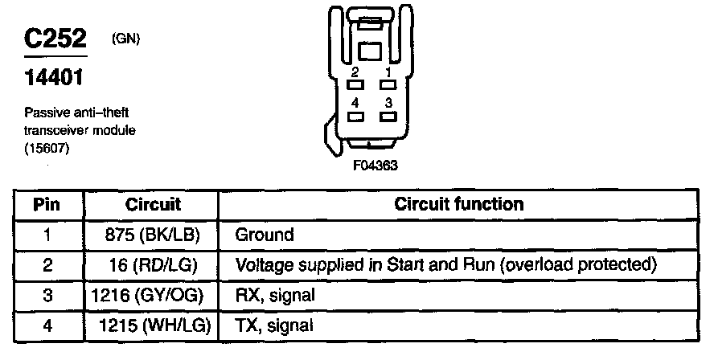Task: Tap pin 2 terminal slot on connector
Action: click(355, 84)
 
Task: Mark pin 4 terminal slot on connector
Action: click(355, 115)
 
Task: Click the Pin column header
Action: click(47, 204)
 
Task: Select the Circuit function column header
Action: click(459, 204)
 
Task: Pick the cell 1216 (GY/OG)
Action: click(153, 295)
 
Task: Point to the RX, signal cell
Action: click(273, 295)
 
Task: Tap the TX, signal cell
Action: click(273, 325)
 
